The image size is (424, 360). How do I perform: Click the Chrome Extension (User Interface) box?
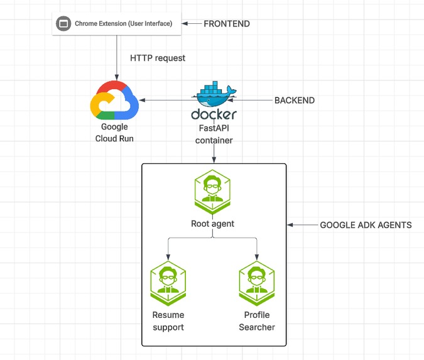116,24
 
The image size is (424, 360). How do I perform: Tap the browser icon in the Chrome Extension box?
62,24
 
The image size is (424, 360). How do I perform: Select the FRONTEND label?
227,24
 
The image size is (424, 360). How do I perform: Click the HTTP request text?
158,58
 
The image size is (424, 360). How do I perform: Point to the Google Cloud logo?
114,100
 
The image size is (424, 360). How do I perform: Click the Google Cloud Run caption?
114,133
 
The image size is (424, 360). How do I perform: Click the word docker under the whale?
214,115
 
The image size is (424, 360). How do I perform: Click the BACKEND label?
295,101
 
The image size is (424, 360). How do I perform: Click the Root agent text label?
213,224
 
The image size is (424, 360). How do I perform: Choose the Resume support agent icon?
168,283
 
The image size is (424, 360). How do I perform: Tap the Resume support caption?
168,320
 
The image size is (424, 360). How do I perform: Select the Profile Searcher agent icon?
257,283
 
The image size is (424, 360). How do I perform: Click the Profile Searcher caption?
257,320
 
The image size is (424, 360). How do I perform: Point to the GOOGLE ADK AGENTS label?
366,225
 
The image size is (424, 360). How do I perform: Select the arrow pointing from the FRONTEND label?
190,24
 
